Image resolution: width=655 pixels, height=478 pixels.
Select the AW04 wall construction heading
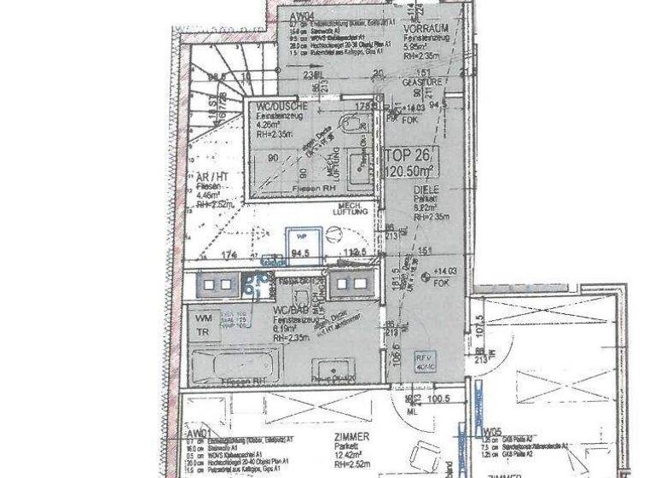click(x=301, y=15)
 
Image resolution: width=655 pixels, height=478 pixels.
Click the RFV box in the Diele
click(x=423, y=360)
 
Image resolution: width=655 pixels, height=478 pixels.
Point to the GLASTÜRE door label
click(x=405, y=83)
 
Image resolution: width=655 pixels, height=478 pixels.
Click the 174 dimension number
click(x=228, y=254)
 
